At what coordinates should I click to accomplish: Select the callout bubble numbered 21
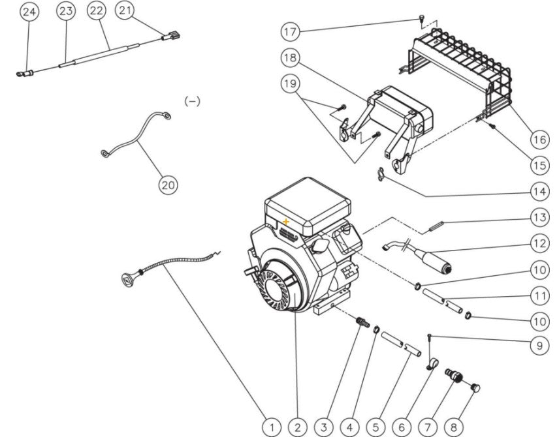(x=126, y=10)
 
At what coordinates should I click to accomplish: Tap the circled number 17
(x=291, y=31)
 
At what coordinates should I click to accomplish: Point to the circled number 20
(x=168, y=185)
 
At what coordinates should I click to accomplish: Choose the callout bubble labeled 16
(x=539, y=140)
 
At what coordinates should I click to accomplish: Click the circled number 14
(x=539, y=192)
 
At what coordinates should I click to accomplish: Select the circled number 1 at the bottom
(x=272, y=427)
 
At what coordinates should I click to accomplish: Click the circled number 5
(x=375, y=427)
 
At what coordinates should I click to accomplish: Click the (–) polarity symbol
(x=192, y=101)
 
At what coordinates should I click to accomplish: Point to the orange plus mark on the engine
(x=286, y=222)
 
